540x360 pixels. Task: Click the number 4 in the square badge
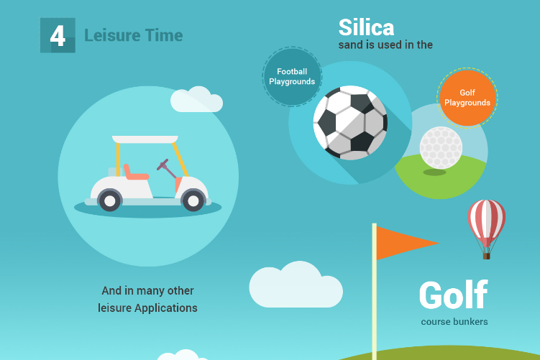pyautogui.click(x=58, y=36)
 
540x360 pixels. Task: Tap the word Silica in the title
pyautogui.click(x=366, y=27)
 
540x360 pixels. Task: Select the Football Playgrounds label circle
pyautogui.click(x=292, y=76)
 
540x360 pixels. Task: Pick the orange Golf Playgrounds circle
pyautogui.click(x=467, y=98)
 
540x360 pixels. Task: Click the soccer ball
pyautogui.click(x=350, y=123)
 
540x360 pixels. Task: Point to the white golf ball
pyautogui.click(x=441, y=147)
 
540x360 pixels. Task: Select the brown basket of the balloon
pyautogui.click(x=486, y=256)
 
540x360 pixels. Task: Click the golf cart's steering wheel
pyautogui.click(x=163, y=165)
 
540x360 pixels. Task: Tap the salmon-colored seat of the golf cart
pyautogui.click(x=135, y=172)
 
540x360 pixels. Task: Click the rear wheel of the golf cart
pyautogui.click(x=109, y=200)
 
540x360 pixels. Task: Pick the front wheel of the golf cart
pyautogui.click(x=193, y=200)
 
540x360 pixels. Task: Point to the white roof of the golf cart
pyautogui.click(x=145, y=139)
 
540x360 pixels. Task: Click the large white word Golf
pyautogui.click(x=453, y=295)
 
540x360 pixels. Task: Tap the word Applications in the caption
pyautogui.click(x=166, y=308)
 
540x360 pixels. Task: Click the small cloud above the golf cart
pyautogui.click(x=196, y=99)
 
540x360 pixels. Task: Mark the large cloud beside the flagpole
pyautogui.click(x=296, y=285)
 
